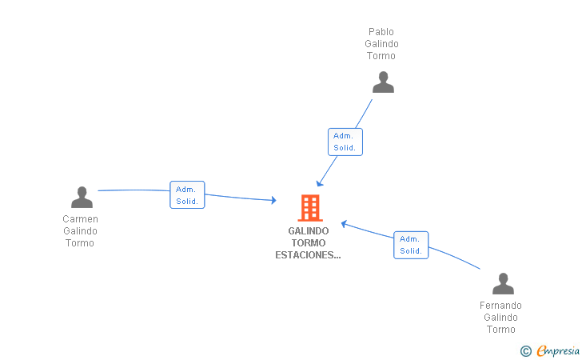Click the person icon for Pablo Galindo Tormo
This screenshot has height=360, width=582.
coord(383,82)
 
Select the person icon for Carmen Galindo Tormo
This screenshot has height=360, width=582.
coord(82,197)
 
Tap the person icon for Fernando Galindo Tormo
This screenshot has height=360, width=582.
coord(502,283)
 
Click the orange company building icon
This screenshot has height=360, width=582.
coord(309,208)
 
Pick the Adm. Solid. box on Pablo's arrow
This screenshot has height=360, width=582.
coord(345,142)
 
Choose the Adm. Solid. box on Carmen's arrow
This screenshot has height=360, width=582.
coord(187,195)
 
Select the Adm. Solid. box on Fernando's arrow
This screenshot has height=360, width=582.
coord(411,245)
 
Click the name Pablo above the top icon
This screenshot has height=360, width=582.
coord(381,32)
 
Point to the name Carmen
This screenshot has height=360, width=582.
coord(80,219)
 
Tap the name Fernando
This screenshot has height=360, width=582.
coord(500,306)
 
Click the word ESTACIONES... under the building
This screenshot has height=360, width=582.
coord(308,256)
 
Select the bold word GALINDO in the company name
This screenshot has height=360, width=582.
coord(309,231)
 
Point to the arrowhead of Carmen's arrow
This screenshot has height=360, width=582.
coord(273,200)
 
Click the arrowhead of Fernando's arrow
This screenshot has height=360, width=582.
coord(344,223)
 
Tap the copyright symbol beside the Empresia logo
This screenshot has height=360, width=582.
coord(525,350)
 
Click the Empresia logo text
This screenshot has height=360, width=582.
coord(558,350)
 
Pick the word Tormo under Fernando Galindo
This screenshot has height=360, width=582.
coord(500,330)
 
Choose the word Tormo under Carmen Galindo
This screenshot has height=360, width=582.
coord(80,243)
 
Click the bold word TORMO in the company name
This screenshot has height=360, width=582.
coord(309,243)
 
